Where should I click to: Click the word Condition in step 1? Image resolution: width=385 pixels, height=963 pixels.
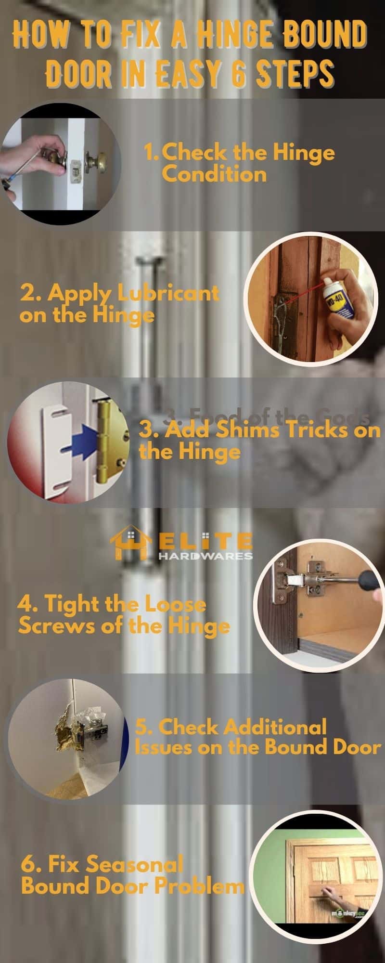(214, 174)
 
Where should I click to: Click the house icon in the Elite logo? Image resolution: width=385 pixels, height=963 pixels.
(128, 544)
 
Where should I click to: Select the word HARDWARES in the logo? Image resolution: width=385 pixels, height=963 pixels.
(205, 556)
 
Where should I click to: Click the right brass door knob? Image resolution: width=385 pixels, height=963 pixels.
(96, 161)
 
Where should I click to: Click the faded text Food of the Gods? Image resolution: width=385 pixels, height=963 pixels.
(269, 416)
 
